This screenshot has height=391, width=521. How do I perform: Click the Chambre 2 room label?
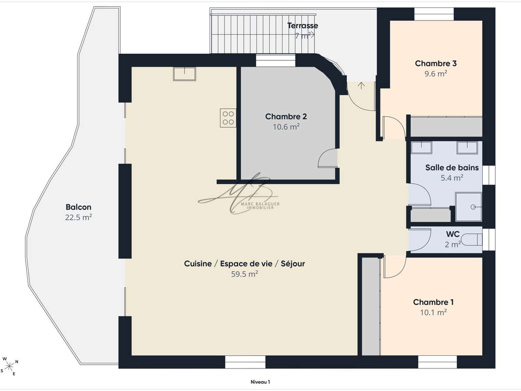[286, 116]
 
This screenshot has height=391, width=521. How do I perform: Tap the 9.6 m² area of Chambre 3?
[435, 73]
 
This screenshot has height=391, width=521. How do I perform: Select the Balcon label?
[78, 207]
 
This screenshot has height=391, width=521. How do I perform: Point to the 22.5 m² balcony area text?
[78, 217]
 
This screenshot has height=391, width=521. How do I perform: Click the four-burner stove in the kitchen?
[228, 118]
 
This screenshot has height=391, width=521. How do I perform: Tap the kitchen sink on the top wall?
[185, 74]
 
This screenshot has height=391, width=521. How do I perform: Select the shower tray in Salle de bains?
[468, 207]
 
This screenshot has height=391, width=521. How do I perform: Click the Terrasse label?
[303, 26]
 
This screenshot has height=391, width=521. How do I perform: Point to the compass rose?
[10, 366]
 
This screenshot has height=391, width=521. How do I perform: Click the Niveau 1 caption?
[260, 382]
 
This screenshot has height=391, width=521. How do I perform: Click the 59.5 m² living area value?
[244, 274]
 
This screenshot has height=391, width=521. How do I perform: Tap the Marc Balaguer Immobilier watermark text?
[260, 205]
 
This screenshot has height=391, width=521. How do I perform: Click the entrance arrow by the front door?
[361, 86]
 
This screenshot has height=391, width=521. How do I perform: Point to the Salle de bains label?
[452, 168]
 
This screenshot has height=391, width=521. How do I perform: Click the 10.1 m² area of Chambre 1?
[433, 312]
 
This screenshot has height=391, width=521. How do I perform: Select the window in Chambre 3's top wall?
[434, 14]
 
